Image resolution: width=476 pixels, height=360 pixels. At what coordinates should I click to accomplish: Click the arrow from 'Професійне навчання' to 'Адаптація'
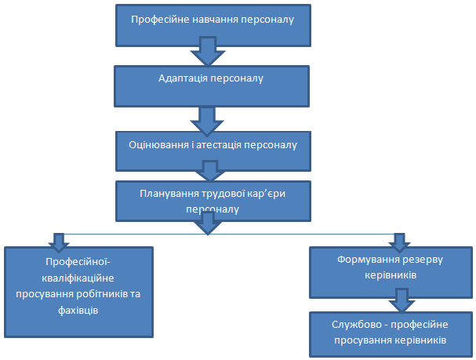[208, 54]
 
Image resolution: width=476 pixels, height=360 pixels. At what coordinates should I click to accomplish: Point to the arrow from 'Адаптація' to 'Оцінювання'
[208, 118]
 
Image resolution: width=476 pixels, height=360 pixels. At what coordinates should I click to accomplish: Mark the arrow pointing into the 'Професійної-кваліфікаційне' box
[57, 240]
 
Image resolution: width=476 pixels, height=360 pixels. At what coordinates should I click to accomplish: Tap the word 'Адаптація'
[181, 78]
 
